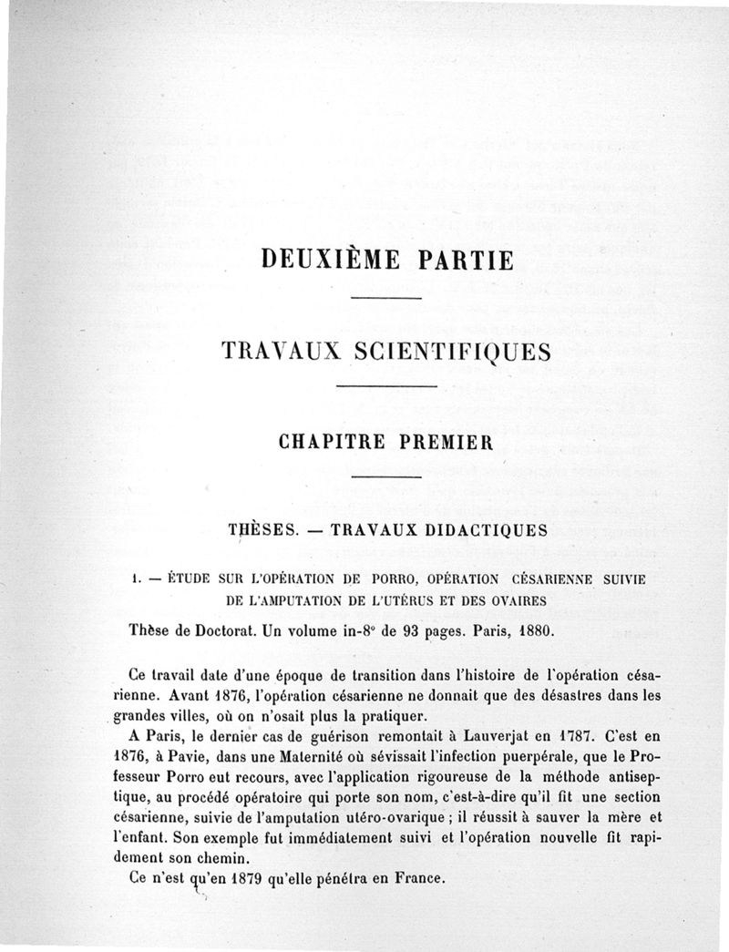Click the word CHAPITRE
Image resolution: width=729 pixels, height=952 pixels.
pyautogui.click(x=331, y=444)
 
